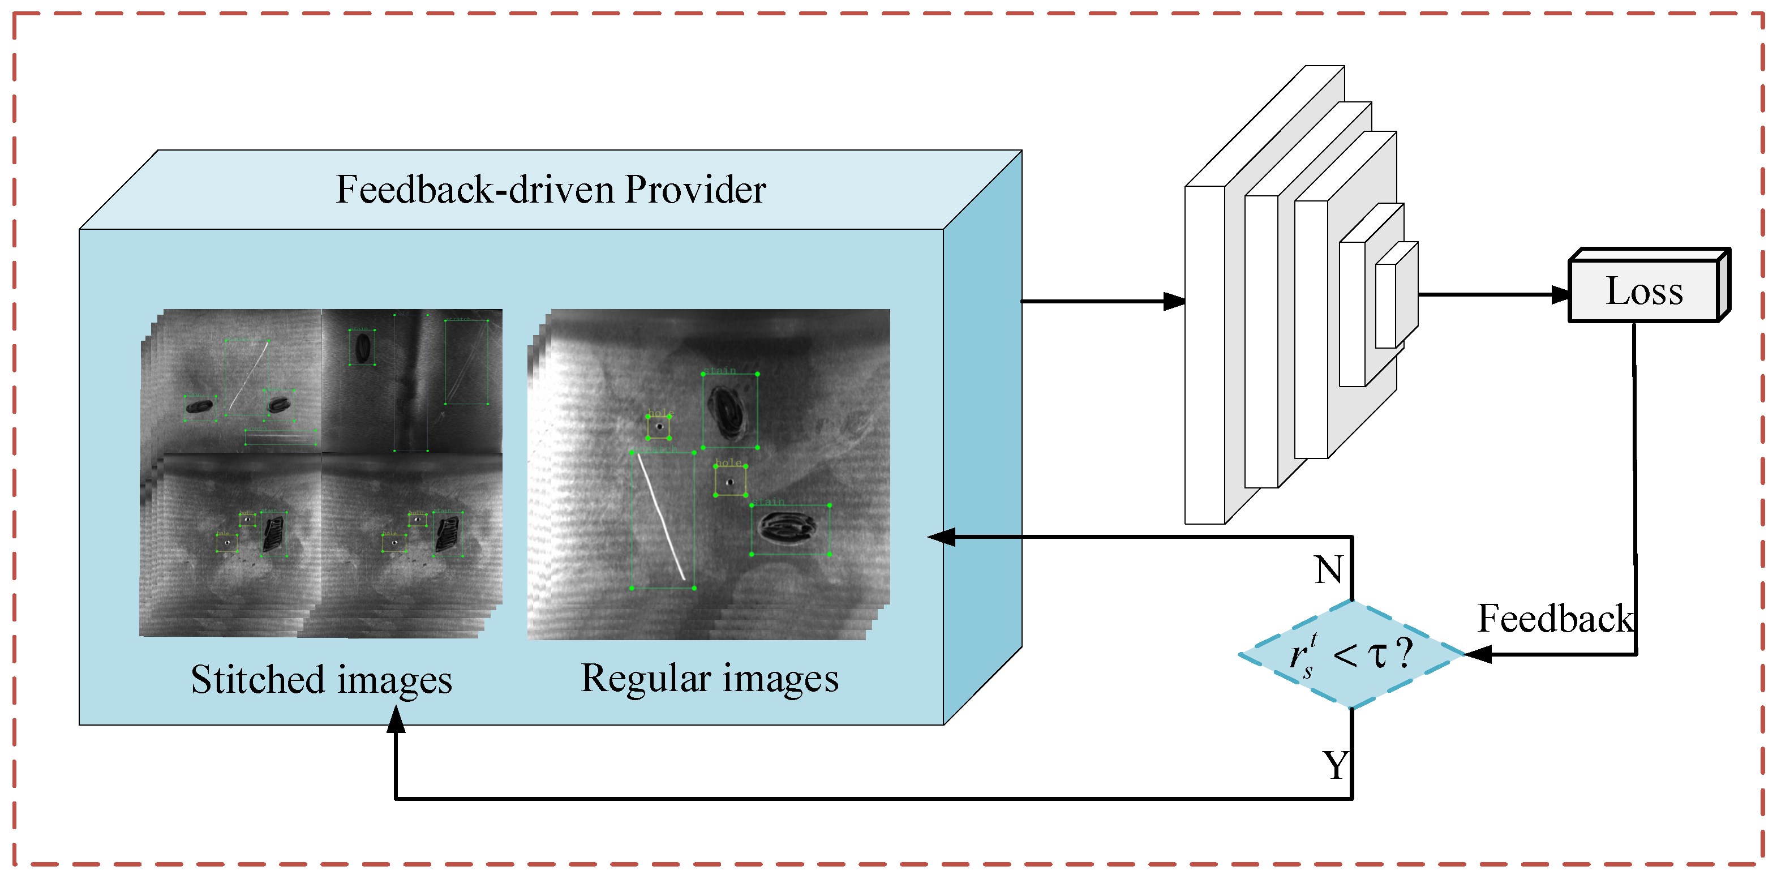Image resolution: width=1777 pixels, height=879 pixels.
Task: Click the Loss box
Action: click(x=1643, y=290)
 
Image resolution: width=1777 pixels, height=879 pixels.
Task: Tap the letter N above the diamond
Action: click(x=1328, y=570)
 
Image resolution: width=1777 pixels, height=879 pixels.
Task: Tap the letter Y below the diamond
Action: click(x=1336, y=765)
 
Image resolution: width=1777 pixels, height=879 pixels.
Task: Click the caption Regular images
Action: click(x=709, y=677)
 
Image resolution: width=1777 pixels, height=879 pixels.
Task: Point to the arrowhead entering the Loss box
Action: click(x=1560, y=295)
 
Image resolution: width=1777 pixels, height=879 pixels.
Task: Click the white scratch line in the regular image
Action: click(x=661, y=516)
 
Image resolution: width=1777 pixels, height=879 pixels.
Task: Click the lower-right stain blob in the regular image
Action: click(x=787, y=529)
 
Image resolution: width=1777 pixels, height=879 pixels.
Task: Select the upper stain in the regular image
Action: click(x=728, y=412)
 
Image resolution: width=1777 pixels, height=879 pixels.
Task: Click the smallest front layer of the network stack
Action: click(x=1385, y=306)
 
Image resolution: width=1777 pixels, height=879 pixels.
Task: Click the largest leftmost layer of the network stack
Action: click(x=1204, y=355)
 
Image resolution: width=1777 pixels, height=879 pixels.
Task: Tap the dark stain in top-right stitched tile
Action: click(x=362, y=347)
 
